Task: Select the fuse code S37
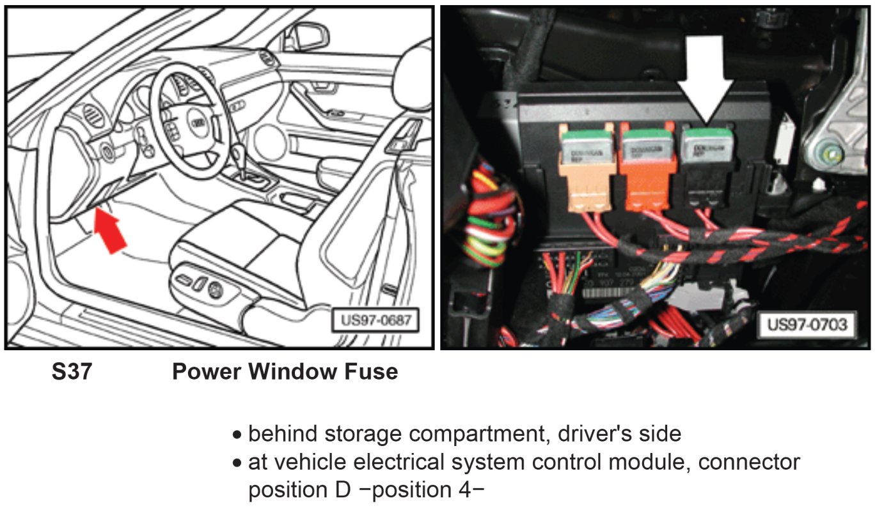point(72,371)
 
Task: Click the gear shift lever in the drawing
point(240,156)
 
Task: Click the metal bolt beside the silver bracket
point(830,153)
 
